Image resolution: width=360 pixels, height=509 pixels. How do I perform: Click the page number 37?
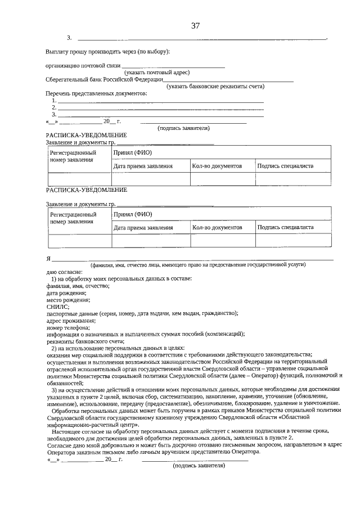(196, 25)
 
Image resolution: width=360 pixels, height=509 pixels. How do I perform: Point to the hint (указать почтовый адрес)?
(157, 72)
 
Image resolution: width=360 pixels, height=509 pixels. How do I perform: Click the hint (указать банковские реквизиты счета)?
(215, 86)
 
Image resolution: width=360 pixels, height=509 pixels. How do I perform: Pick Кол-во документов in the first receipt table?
(217, 166)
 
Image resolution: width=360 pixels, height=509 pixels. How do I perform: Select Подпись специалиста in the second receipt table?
(285, 227)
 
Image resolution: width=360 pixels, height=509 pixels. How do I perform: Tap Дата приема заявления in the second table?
(143, 227)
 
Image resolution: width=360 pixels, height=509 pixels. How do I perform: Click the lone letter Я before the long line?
(48, 258)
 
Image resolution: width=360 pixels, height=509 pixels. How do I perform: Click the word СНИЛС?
(58, 307)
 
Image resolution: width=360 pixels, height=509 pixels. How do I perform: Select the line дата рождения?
(66, 293)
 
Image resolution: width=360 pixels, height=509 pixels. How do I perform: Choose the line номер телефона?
(68, 327)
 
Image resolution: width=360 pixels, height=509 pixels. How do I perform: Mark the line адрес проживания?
(70, 321)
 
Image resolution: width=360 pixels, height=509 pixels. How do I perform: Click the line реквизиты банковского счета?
(85, 341)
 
